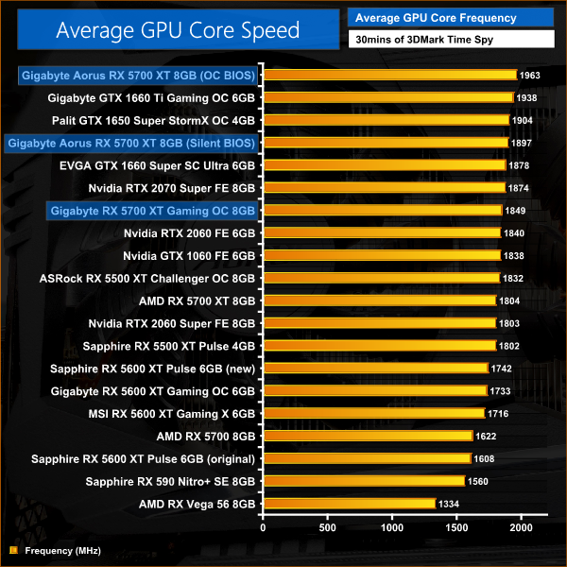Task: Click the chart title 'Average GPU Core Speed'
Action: [x=178, y=30]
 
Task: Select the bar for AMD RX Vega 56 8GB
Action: [x=351, y=504]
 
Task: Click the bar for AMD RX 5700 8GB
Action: [x=369, y=436]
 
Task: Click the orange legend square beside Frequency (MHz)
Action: [x=12, y=550]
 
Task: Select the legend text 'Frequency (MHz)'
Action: [x=62, y=550]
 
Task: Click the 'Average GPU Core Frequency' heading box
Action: [x=436, y=18]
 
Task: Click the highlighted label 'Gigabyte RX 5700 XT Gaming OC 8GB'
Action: [x=152, y=210]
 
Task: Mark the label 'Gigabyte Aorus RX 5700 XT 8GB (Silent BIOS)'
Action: [x=131, y=143]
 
